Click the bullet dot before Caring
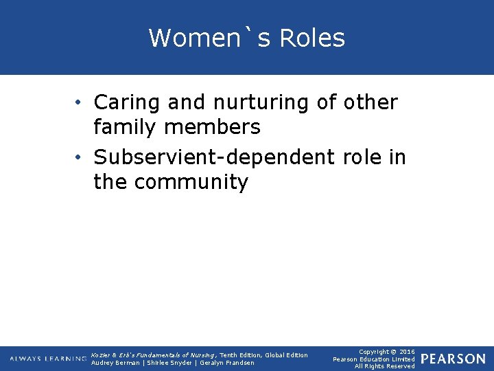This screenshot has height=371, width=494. coord(80,103)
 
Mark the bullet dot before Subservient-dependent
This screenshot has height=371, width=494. coord(80,158)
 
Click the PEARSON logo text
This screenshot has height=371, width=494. coord(453,359)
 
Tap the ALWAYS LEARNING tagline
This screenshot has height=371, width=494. coord(48,359)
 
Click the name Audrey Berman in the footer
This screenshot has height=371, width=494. coord(115,363)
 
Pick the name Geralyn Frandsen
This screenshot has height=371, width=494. coord(226,363)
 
